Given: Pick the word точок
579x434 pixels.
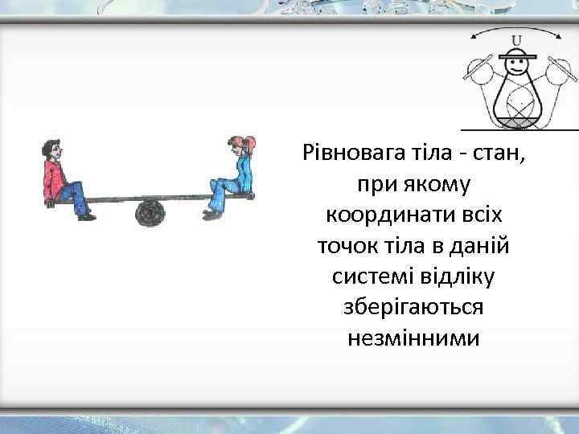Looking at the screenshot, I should (349, 245).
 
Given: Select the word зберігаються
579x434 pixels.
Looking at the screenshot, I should (414, 308).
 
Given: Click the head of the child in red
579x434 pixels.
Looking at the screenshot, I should (51, 149).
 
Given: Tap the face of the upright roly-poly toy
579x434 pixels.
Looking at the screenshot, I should (515, 68).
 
